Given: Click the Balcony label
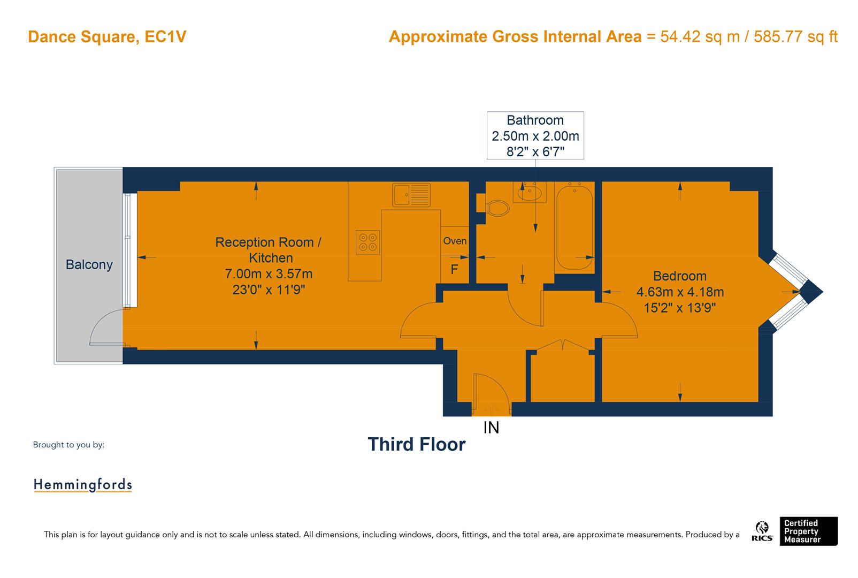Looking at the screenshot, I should [89, 264].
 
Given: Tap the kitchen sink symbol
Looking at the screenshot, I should [411, 195].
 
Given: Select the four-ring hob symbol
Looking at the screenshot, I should [367, 242].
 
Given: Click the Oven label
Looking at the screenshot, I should [455, 241].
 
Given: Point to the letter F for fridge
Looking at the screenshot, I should [454, 269].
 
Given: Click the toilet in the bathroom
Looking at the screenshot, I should [496, 208].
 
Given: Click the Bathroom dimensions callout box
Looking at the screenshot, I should [535, 135].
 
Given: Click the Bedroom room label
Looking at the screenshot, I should [679, 276].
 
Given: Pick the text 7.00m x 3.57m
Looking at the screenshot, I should [269, 274].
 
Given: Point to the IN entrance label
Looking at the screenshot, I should [491, 428].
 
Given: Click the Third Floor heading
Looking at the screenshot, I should [416, 444].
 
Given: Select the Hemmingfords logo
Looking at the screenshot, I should [82, 485].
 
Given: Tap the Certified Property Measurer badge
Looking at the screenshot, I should [808, 531].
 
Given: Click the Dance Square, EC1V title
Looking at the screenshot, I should [107, 37].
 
